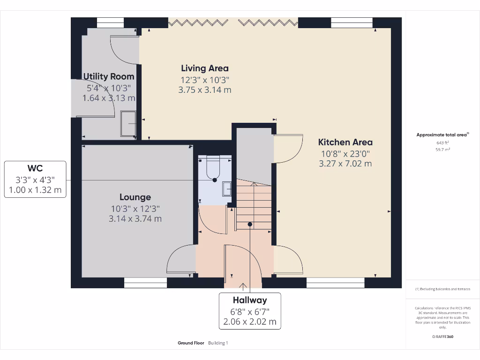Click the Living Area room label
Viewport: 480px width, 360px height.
[205, 68]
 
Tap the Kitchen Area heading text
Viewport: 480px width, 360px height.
[345, 142]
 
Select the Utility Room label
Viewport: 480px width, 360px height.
[109, 76]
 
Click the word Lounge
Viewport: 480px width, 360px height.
[135, 197]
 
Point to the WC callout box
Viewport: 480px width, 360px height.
[35, 179]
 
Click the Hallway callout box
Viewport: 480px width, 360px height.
[250, 311]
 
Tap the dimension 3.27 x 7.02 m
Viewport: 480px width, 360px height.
[345, 164]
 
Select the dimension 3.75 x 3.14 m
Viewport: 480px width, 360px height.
[205, 90]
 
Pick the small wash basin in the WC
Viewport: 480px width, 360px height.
[227, 189]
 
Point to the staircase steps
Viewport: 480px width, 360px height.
[254, 206]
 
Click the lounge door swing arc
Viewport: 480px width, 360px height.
[179, 258]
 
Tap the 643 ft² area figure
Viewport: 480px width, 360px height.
[442, 143]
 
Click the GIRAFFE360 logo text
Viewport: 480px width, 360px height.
[442, 337]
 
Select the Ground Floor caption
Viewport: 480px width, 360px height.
[191, 343]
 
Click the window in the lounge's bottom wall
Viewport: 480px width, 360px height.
[145, 283]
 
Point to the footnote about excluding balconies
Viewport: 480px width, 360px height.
[442, 289]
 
